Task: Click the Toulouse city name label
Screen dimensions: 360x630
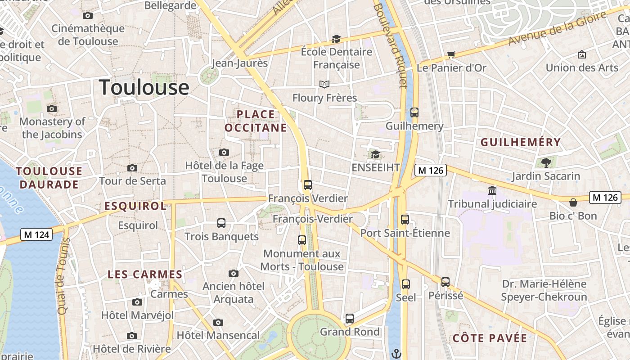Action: click(x=144, y=87)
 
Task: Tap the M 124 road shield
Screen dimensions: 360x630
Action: click(x=36, y=234)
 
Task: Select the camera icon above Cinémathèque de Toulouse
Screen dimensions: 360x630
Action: click(x=88, y=16)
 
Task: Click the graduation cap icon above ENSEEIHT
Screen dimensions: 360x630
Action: click(x=375, y=155)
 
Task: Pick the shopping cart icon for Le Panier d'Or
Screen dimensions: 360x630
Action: click(x=451, y=55)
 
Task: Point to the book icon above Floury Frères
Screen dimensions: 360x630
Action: click(x=324, y=84)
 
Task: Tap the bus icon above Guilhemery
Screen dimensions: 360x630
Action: click(x=414, y=112)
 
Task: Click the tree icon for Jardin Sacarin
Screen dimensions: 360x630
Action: click(x=546, y=162)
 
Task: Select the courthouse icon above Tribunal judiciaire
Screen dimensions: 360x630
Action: click(x=492, y=191)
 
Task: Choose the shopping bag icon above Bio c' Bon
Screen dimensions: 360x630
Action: click(x=573, y=202)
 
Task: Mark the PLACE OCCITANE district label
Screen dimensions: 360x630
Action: click(x=256, y=121)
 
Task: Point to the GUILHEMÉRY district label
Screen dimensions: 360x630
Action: click(x=521, y=143)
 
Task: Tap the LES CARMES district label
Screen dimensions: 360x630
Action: click(x=145, y=274)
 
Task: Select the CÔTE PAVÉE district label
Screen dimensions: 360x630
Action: click(x=490, y=338)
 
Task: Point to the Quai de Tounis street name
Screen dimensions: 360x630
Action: click(x=62, y=277)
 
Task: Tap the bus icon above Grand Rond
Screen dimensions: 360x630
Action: click(x=350, y=319)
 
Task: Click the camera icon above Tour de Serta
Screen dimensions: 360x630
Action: click(x=132, y=168)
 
